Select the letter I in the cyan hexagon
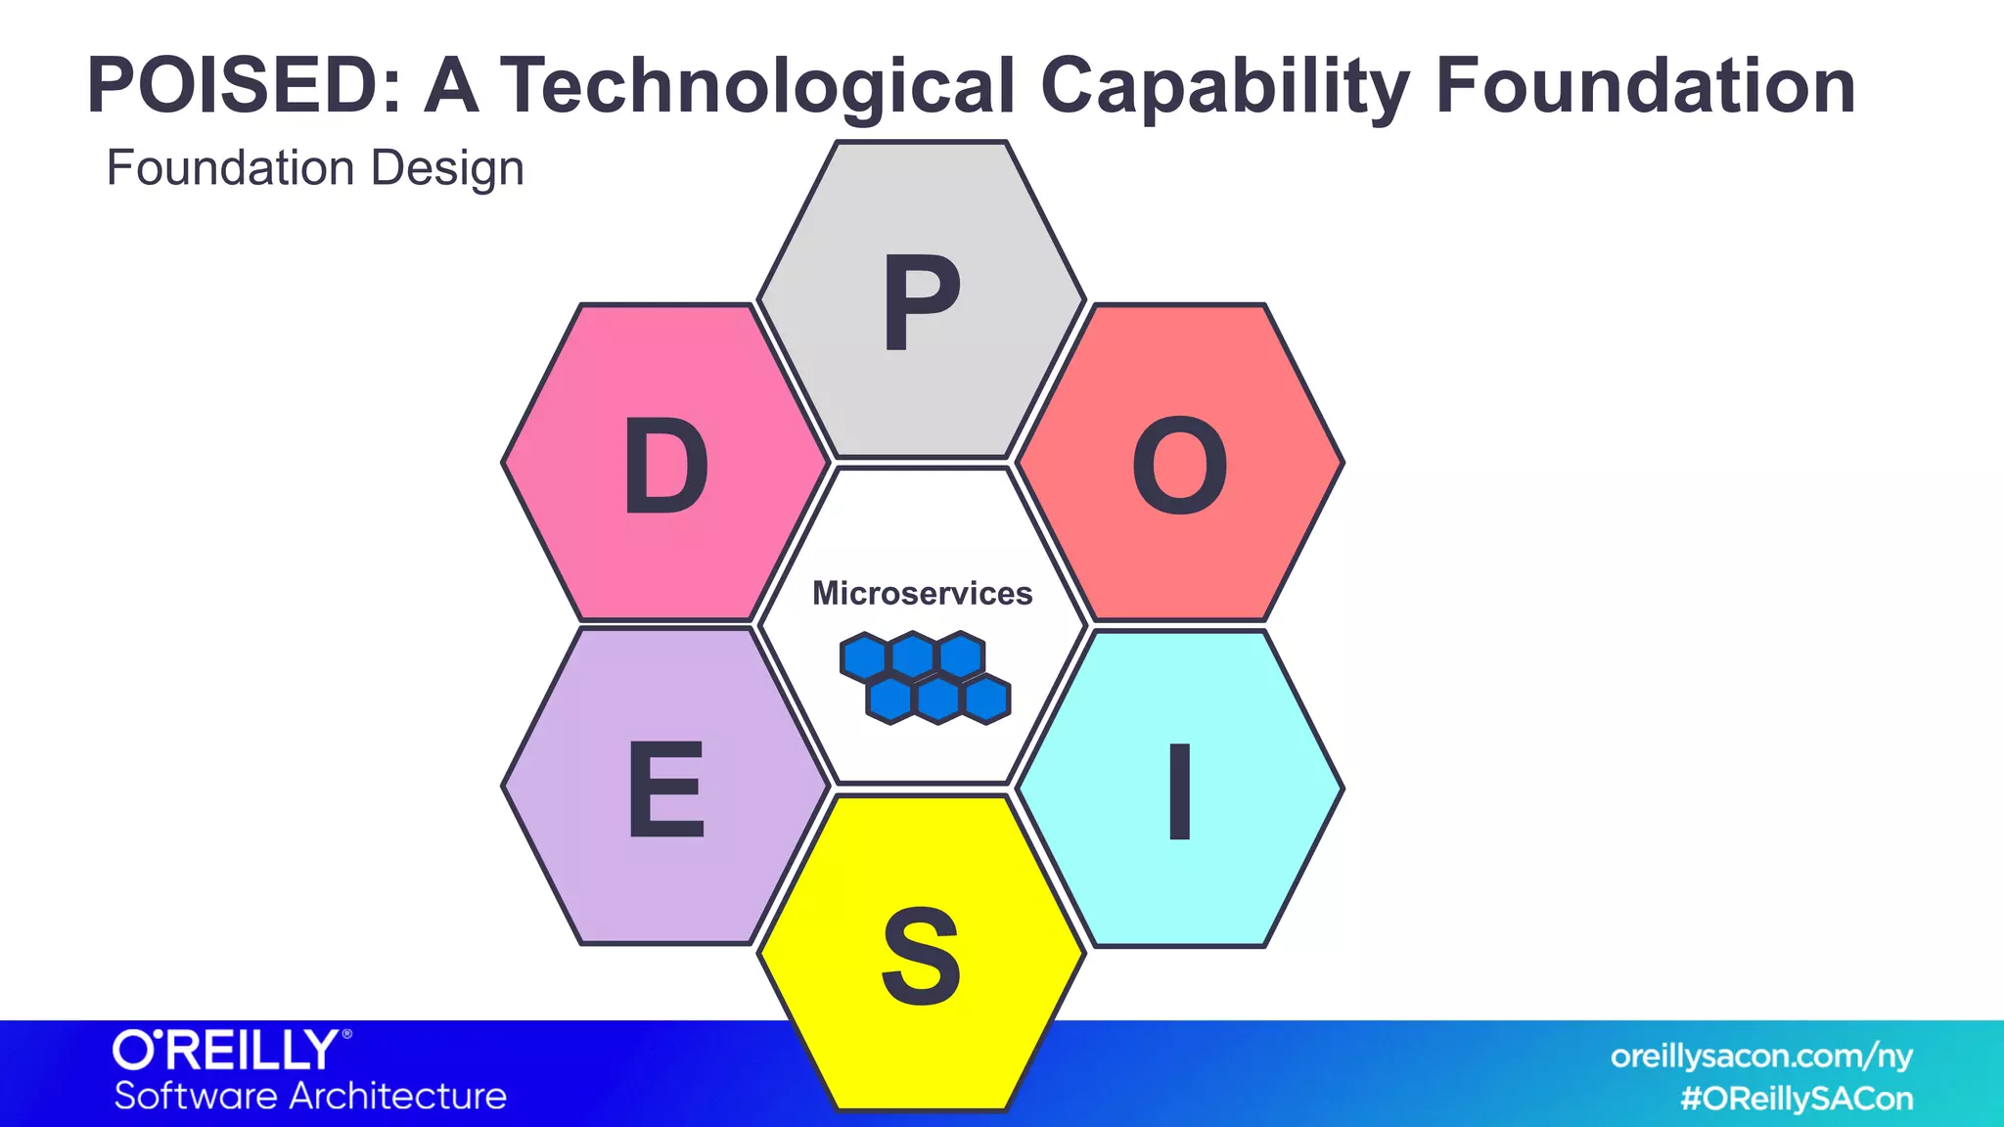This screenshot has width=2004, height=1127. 1180,791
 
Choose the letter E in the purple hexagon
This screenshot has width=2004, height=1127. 665,789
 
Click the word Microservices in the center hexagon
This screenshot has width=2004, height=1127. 922,593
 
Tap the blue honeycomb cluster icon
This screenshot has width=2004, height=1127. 925,678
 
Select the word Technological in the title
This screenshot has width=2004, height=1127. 758,86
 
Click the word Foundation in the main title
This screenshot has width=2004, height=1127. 1645,86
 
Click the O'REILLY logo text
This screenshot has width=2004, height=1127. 226,1051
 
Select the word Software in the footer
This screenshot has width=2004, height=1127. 195,1096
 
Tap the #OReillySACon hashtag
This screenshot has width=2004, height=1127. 1797,1099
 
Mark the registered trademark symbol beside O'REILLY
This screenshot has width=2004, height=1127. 346,1034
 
